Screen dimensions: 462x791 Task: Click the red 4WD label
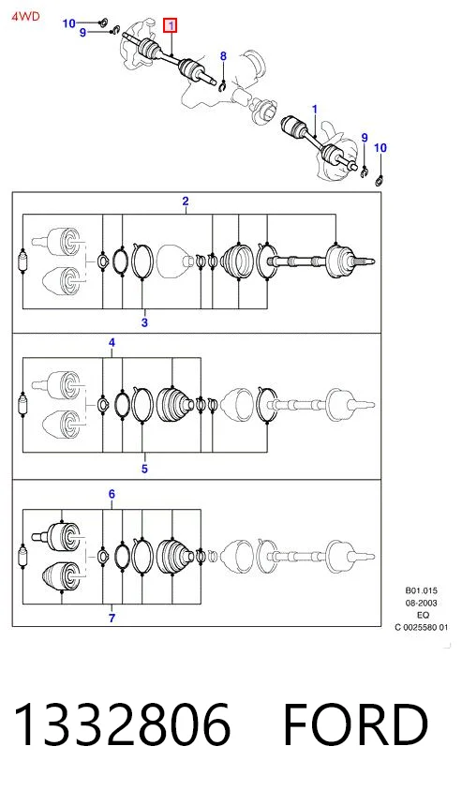25,16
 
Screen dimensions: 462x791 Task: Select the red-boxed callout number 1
171,24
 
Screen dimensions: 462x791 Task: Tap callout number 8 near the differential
223,56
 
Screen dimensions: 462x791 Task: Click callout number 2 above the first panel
186,201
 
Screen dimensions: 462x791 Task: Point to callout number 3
144,322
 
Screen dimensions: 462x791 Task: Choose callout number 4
112,343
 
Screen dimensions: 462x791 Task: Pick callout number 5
144,470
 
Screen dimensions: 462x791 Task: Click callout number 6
112,495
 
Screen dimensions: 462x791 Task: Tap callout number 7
112,618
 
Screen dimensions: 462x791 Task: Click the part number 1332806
123,724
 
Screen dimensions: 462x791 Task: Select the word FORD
356,724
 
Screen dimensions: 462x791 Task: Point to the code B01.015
421,590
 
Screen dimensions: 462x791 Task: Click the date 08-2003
421,603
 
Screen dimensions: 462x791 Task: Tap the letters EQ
424,616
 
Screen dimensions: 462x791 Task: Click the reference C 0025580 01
421,628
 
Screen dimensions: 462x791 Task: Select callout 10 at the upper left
69,23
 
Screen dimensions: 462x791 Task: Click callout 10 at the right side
380,148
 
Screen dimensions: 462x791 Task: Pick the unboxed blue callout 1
315,110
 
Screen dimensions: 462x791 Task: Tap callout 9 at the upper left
82,33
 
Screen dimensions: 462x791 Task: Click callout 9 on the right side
365,138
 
